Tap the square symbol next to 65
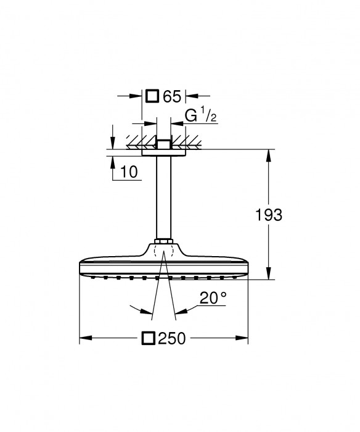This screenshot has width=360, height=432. click(x=152, y=96)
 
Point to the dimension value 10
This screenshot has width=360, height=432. click(x=129, y=172)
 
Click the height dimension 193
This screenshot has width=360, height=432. click(x=268, y=215)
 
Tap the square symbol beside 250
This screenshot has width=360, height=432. click(x=148, y=338)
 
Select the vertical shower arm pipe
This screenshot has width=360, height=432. click(x=163, y=197)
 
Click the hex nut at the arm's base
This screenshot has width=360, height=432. click(x=163, y=241)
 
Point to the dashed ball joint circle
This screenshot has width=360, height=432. click(x=163, y=254)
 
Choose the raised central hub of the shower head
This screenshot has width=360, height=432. click(x=163, y=249)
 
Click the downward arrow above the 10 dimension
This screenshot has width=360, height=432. click(x=112, y=143)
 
